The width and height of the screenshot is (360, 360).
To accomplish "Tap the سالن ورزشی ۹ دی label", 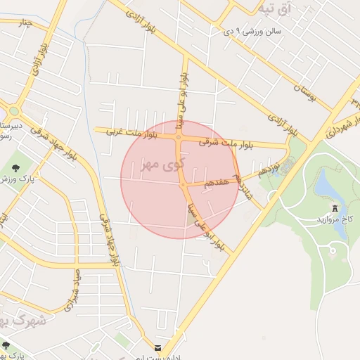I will (x=252, y=32).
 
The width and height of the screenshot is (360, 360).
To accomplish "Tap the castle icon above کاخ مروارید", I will (x=335, y=208).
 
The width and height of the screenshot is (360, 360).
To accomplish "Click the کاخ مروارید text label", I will (x=338, y=219).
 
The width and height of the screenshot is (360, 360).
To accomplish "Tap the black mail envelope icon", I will (x=157, y=347).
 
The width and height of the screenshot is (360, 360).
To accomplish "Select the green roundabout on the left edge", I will (x=13, y=110).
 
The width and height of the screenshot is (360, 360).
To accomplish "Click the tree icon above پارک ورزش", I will (x=16, y=167).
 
